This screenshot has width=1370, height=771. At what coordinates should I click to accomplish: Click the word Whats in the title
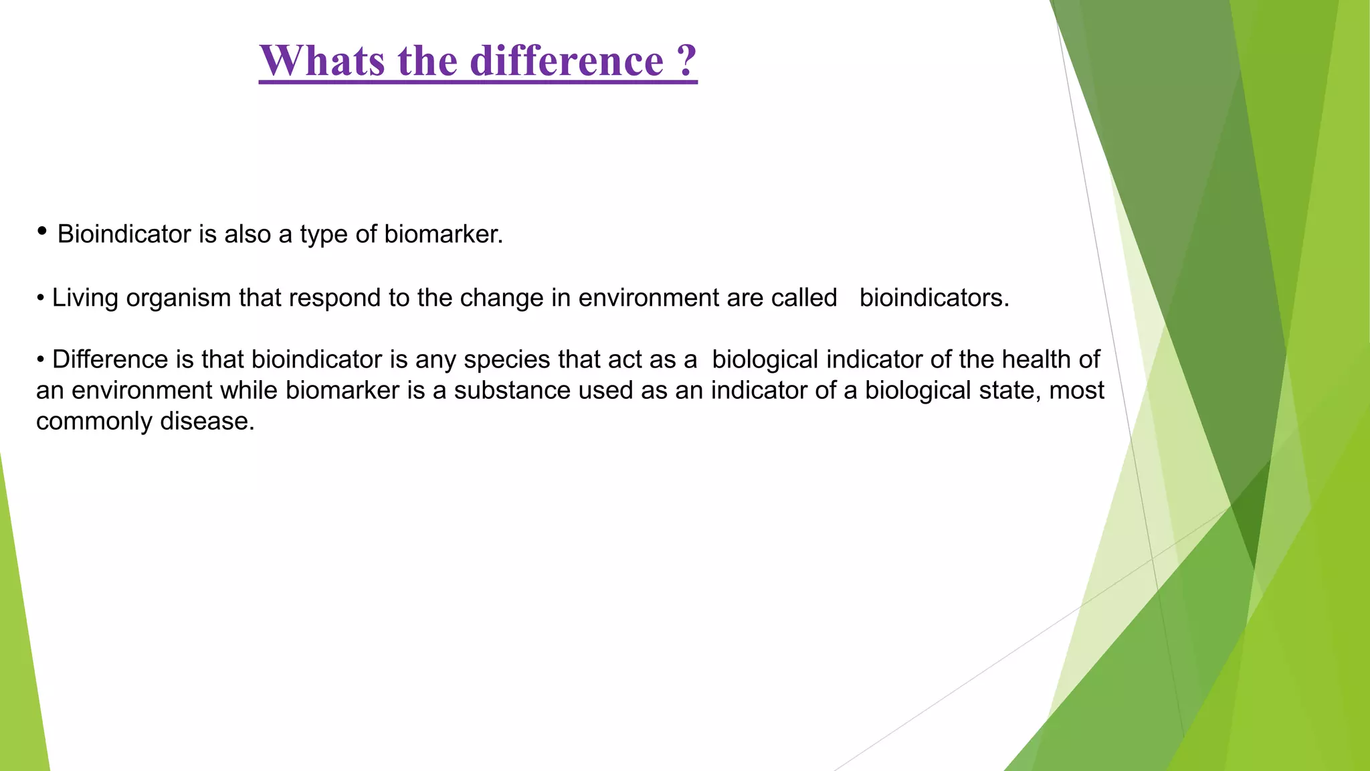[322, 61]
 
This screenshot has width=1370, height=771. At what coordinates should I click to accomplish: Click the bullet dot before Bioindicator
[42, 232]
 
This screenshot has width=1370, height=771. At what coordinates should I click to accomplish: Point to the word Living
[85, 298]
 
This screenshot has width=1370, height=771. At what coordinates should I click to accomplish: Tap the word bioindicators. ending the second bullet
[934, 298]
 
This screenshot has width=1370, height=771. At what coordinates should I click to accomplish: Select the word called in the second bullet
[803, 298]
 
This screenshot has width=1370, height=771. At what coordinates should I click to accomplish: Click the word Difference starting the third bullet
[110, 359]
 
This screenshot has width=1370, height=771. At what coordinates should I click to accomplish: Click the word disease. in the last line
[207, 421]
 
